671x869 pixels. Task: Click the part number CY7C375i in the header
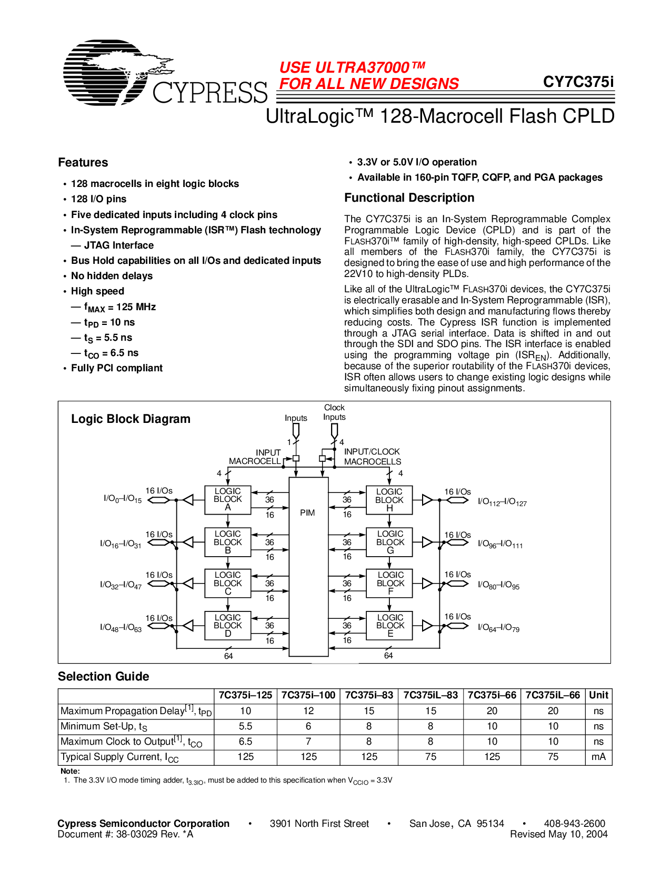point(578,82)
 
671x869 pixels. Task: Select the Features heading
point(83,162)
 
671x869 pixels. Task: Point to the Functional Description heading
point(409,197)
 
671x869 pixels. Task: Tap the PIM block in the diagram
point(308,513)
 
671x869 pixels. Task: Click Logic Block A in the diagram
point(228,499)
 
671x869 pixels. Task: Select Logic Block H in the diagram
point(389,499)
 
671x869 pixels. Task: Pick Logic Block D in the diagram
point(228,625)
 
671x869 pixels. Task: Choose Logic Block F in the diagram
point(390,583)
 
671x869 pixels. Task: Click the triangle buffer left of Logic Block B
point(188,542)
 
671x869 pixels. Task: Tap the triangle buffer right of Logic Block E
point(427,626)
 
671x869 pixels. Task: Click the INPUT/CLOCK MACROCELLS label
point(372,457)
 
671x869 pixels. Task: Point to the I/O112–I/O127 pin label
point(502,502)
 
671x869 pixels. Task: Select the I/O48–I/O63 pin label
point(121,628)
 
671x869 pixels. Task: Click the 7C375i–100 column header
point(308,695)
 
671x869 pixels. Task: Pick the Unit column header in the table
point(598,695)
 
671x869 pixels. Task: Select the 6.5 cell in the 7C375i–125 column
point(245,742)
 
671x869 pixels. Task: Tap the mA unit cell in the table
point(598,757)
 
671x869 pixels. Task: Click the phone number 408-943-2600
point(574,823)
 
